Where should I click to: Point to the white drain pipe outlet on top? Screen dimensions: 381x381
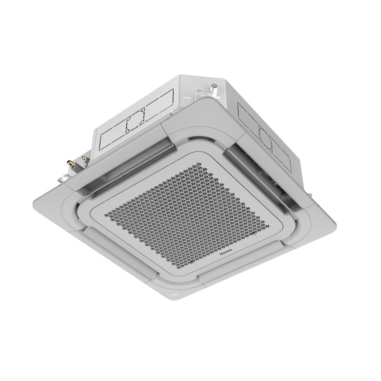click(x=213, y=88)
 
